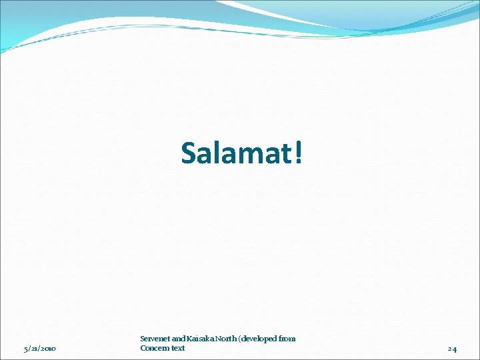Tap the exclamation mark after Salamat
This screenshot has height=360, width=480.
click(x=298, y=153)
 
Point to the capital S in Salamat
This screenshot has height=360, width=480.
click(x=189, y=153)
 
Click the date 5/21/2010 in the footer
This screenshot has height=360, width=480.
click(x=40, y=349)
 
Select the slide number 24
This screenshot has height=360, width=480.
click(x=452, y=349)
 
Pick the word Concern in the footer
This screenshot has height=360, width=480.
click(x=154, y=348)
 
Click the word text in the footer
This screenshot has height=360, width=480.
click(x=177, y=348)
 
